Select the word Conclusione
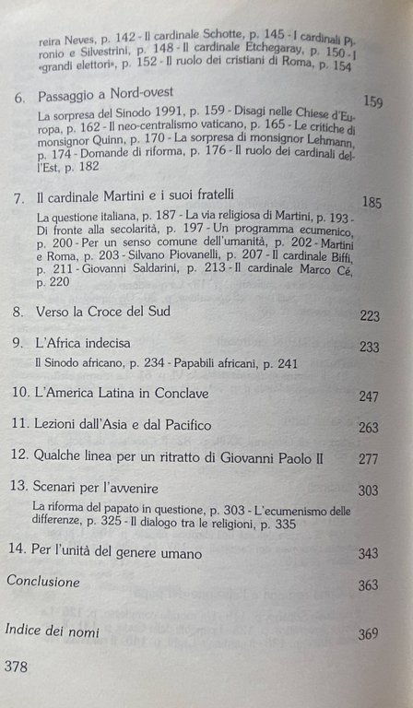[x=43, y=582]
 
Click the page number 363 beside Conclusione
[x=369, y=585]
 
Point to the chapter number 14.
[x=14, y=553]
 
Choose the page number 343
[x=368, y=554]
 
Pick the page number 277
[x=369, y=458]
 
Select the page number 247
[x=369, y=396]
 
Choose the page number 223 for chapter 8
[x=370, y=316]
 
